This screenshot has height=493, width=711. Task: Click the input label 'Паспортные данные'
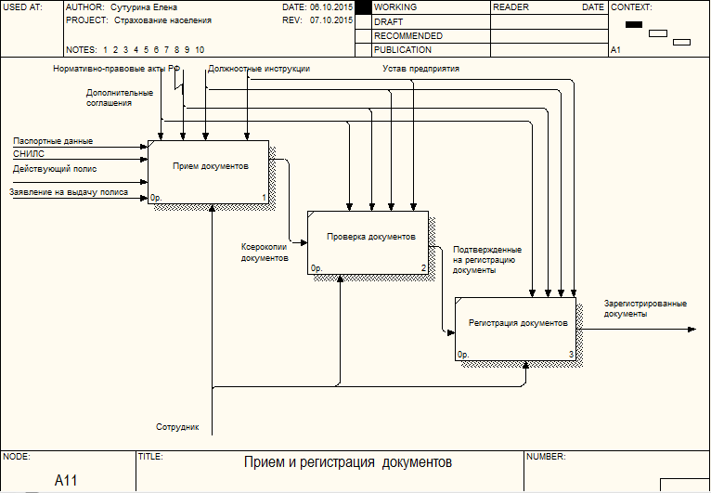[x=53, y=141]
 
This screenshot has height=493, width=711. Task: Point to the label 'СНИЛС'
[x=29, y=154]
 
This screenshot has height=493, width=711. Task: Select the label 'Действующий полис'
[x=55, y=169]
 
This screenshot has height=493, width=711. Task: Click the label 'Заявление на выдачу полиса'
[x=69, y=192]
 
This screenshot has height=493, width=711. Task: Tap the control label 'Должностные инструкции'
[x=259, y=69]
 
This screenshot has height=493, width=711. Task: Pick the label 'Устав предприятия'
[x=420, y=69]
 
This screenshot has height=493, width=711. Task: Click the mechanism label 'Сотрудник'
[x=178, y=428]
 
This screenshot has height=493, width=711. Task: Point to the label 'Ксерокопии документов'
[x=265, y=253]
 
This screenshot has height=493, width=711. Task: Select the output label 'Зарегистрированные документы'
[x=645, y=308]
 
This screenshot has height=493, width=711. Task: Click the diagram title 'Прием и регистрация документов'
[x=348, y=462]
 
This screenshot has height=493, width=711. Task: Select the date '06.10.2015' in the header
[x=330, y=6]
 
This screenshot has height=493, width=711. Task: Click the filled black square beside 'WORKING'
[x=363, y=7]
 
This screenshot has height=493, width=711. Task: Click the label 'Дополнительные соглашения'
[x=119, y=98]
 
